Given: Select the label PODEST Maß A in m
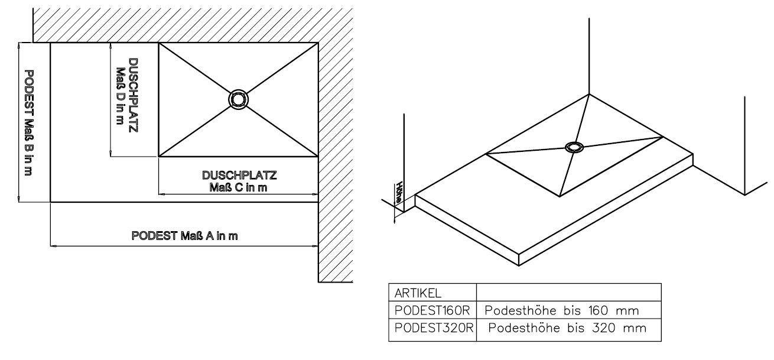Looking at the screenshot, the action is pos(184,236).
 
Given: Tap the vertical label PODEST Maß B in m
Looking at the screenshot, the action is pos(29,123).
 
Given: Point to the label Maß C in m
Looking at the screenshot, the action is pos(238,187).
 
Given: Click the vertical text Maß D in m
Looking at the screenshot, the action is pos(120,96).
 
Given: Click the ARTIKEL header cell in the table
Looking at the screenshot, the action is pos(432,292).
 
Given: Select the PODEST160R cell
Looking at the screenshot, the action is pos(432,310).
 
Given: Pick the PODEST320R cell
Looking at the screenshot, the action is pos(432,328).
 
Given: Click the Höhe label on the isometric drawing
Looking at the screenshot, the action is pos(399,192).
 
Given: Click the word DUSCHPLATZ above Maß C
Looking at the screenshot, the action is pos(239,176).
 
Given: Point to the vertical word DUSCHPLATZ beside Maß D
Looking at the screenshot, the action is pos(134,95).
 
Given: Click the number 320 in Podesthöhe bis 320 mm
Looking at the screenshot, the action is pos(604,328).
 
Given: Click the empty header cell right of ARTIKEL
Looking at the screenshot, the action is pos(569,292).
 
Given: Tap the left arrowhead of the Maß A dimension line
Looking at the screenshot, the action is pos(53,247).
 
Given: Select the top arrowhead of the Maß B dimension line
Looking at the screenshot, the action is pos(19,46).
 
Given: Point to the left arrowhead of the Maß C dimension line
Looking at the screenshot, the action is pos(161,194).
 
